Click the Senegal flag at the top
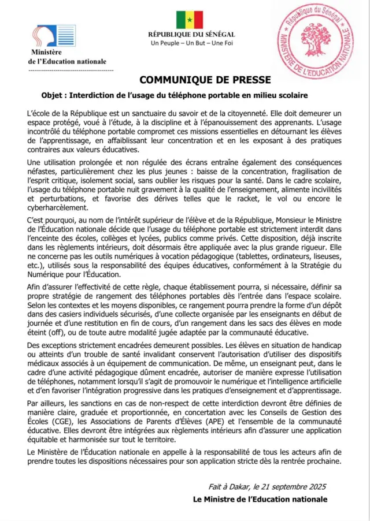coord(190,19)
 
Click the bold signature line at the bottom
coord(260,499)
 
